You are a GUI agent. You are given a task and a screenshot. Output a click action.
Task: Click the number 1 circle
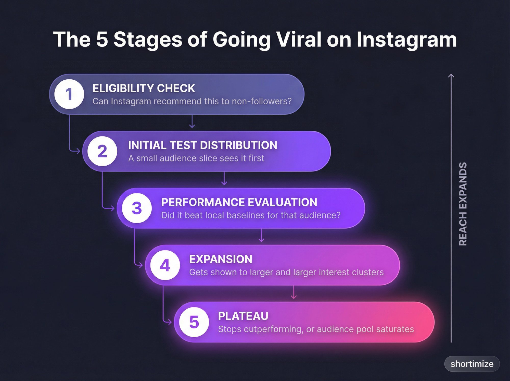coord(69,94)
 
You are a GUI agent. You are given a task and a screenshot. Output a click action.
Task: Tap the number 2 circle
coord(102,151)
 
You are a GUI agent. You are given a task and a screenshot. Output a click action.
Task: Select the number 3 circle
coord(137,208)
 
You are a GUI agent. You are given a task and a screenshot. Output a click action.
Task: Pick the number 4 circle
coord(165,265)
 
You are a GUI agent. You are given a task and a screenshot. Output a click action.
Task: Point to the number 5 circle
coord(194,322)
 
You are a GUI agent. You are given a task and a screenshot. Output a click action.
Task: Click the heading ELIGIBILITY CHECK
coord(144,88)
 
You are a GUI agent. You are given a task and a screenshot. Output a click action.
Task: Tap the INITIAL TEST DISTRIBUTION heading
coord(202,145)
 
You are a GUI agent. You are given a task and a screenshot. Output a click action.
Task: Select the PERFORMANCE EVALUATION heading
coord(239,202)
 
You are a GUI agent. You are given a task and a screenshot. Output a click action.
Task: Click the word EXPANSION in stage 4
coord(221,259)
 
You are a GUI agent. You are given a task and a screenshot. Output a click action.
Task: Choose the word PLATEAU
coord(243,316)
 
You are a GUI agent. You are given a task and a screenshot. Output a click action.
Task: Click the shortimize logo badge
coord(472,364)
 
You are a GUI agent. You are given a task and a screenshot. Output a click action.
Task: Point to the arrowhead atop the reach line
coord(451,76)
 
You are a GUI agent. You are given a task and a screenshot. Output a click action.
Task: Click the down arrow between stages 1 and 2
coord(192,122)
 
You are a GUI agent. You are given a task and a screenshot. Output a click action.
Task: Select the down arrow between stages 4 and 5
coord(294,293)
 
